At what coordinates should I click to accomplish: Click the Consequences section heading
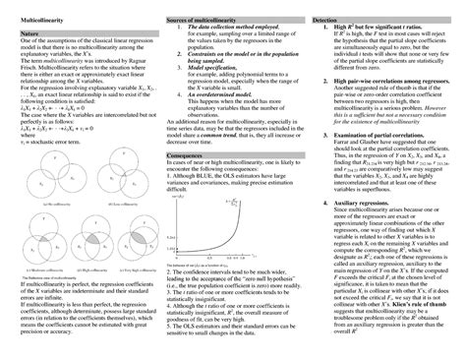tap(188, 153)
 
